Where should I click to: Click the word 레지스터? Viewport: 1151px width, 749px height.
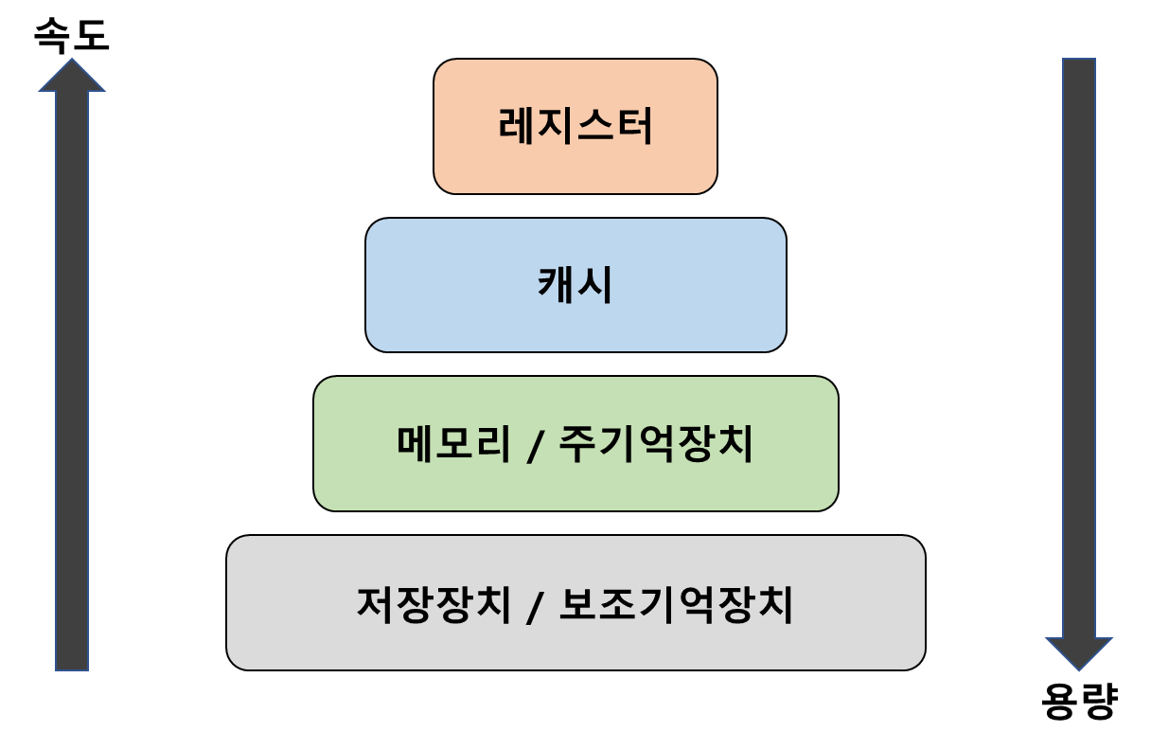[575, 126]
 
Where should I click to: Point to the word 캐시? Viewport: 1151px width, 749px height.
[575, 284]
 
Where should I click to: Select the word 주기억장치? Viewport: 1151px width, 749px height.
[656, 443]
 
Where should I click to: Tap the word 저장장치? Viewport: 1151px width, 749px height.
[434, 604]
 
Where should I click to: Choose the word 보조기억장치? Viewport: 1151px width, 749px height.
[676, 604]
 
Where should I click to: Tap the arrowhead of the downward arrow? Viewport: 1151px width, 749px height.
[1079, 653]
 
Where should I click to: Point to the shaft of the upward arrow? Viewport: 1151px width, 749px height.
[72, 379]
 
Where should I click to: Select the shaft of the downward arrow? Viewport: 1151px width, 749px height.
[1079, 350]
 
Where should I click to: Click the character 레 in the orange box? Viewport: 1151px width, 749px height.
[517, 126]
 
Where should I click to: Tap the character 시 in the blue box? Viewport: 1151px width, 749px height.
[596, 284]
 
